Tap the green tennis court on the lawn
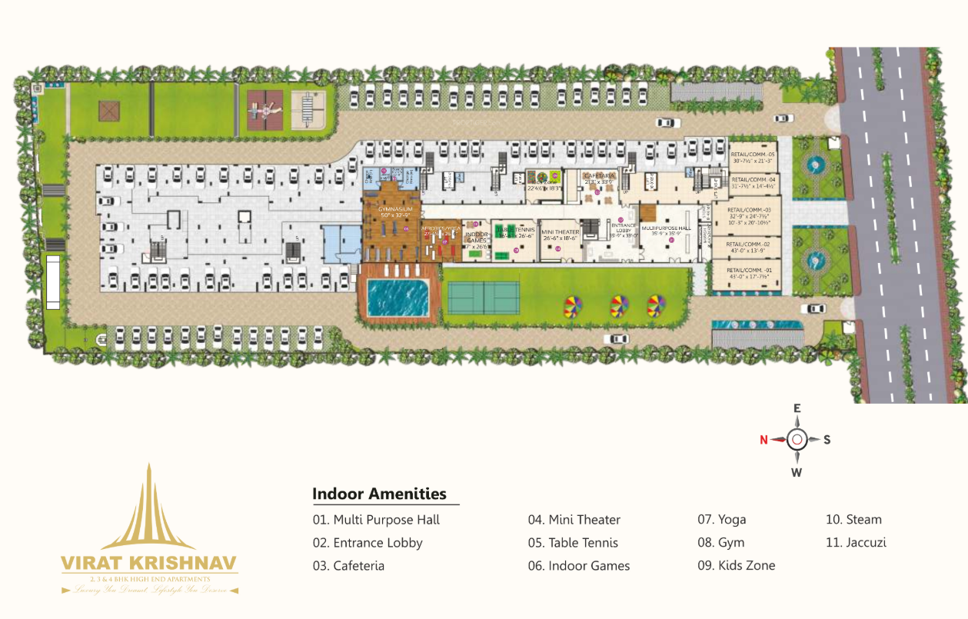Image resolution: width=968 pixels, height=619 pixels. click(483, 298)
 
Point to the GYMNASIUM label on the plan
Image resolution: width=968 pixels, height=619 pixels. click(395, 209)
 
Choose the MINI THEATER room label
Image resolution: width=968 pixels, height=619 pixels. click(560, 231)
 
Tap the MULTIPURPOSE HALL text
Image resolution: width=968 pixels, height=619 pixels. click(666, 228)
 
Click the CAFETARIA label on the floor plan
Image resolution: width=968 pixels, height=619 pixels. click(599, 176)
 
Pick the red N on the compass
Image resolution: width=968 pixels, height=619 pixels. click(763, 440)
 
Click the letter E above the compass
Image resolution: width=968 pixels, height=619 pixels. click(797, 409)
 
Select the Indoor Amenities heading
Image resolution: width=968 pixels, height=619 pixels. click(379, 494)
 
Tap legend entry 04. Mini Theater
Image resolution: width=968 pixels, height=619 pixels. click(574, 520)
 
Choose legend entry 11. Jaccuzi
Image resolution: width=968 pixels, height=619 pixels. click(856, 542)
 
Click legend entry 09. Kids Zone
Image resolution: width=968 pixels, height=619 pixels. click(736, 565)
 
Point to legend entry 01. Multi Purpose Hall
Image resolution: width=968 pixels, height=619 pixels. click(376, 520)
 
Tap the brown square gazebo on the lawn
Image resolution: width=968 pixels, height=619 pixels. click(109, 111)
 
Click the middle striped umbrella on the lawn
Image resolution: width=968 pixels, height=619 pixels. click(617, 306)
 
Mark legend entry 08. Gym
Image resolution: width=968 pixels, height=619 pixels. click(720, 542)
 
